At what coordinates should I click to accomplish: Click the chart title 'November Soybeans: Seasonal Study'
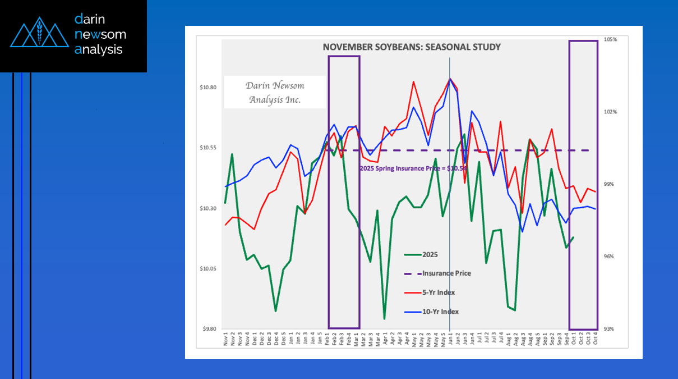tap(412, 47)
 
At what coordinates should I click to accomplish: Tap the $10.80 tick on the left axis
tap(208, 88)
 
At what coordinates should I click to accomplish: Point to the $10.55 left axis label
tap(208, 148)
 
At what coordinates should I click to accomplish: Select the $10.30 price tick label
tap(208, 208)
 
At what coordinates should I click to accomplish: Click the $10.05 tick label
tap(208, 269)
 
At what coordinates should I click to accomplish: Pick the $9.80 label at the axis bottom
tap(209, 329)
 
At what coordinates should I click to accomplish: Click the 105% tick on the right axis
tap(611, 40)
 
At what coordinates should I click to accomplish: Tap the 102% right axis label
tap(611, 112)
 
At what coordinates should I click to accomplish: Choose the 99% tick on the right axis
tap(611, 184)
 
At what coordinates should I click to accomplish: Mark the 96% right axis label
tap(611, 257)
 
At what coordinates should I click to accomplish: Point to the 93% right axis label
tap(611, 329)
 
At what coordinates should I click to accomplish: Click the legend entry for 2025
tap(430, 254)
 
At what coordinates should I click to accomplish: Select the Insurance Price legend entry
tap(446, 273)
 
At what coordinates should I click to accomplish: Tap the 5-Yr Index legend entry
tap(438, 293)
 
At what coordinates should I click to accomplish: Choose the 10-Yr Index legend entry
tap(440, 312)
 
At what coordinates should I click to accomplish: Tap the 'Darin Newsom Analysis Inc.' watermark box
tap(274, 92)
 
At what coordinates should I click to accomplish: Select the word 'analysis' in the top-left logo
tap(98, 49)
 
